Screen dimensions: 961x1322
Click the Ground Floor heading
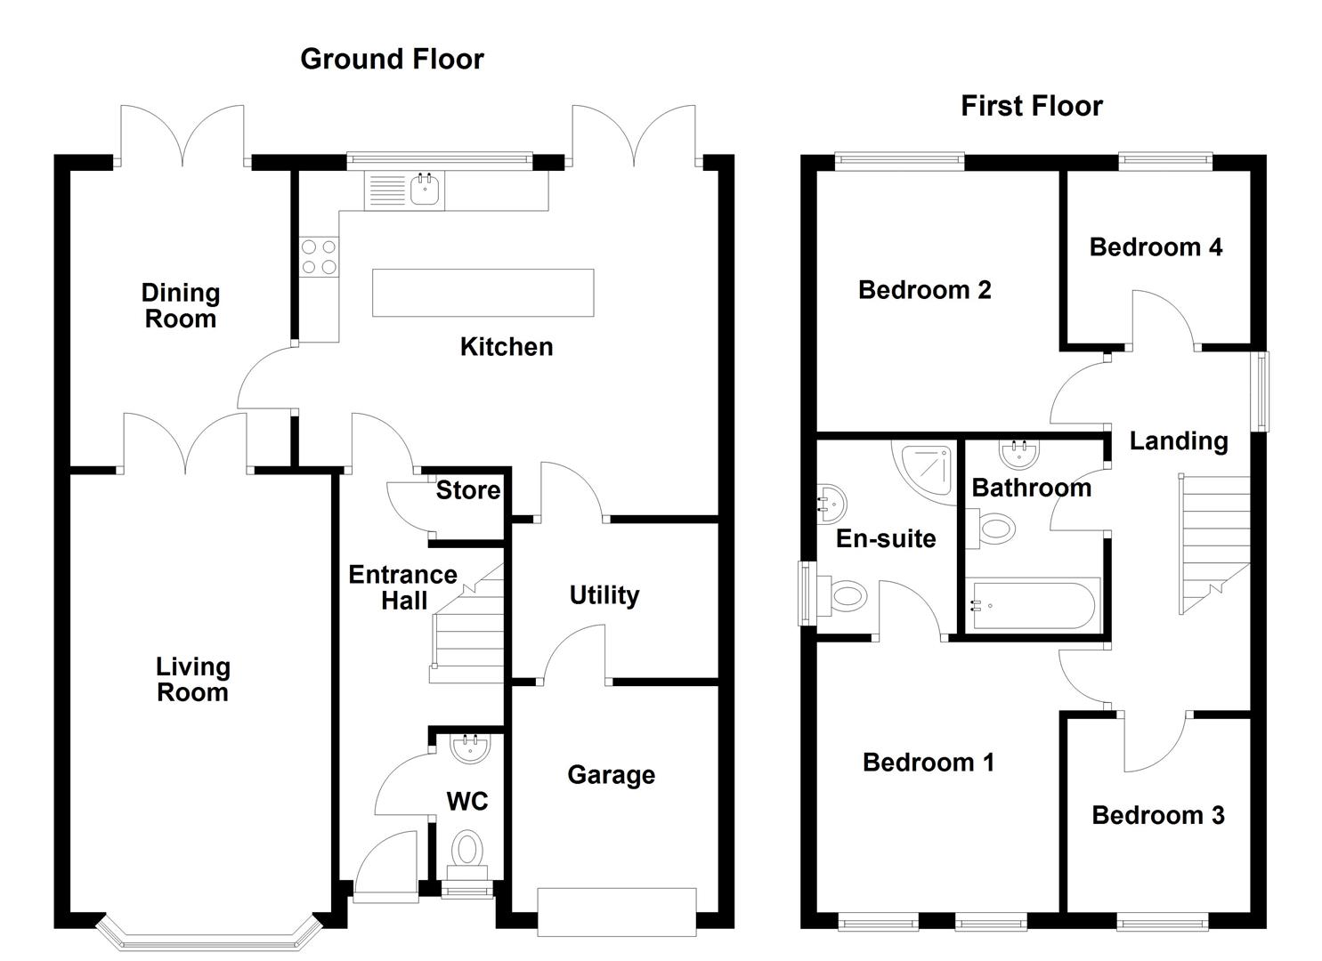tap(392, 59)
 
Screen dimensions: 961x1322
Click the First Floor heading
tap(1031, 106)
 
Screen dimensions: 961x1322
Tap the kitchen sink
tap(426, 190)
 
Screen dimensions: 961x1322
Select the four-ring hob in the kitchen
tap(319, 256)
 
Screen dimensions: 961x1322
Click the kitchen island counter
tap(483, 293)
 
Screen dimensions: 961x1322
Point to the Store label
tap(467, 490)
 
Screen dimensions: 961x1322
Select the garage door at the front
tap(616, 911)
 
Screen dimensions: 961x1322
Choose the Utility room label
tap(604, 595)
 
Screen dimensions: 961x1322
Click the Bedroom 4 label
tap(1156, 246)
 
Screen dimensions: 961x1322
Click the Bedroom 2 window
tap(899, 160)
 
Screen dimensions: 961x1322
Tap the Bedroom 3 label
tap(1157, 815)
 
